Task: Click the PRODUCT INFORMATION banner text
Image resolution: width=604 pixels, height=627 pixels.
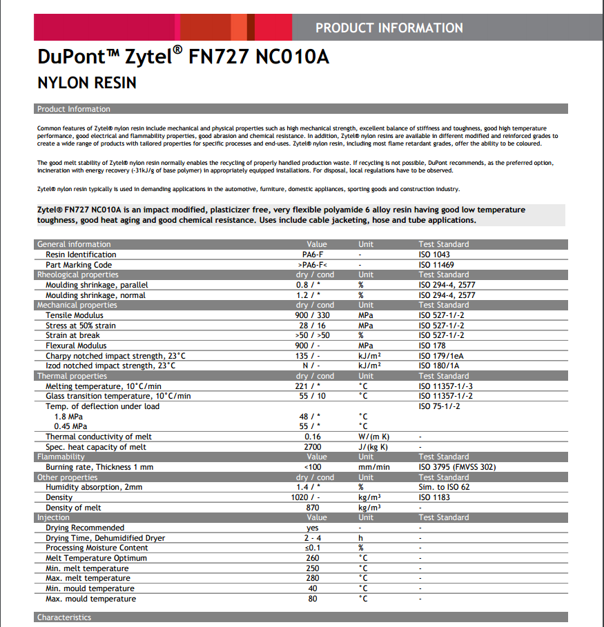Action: [x=389, y=28]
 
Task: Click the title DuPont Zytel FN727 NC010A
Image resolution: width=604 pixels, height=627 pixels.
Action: [x=182, y=57]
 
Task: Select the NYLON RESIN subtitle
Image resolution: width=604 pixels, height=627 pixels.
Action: [x=86, y=83]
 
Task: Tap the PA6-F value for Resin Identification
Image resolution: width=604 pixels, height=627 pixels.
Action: [x=313, y=255]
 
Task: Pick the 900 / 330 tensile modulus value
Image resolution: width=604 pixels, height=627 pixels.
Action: [x=313, y=315]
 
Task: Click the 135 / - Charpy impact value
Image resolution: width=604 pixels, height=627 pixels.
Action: [x=313, y=356]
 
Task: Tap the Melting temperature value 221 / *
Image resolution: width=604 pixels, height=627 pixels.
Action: [x=313, y=386]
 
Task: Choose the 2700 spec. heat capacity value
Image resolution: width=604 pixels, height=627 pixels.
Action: [x=313, y=447]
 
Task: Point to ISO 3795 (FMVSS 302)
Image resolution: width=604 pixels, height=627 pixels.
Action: [x=457, y=467]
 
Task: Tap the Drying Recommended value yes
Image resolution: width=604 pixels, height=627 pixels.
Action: [x=313, y=528]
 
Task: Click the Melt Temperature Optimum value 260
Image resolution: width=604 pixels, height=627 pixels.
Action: [x=313, y=558]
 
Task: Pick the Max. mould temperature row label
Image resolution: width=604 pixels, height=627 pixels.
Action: [x=90, y=599]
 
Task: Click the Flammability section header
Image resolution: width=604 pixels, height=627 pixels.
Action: [x=61, y=457]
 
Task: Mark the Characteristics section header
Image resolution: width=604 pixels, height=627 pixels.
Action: [x=64, y=617]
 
